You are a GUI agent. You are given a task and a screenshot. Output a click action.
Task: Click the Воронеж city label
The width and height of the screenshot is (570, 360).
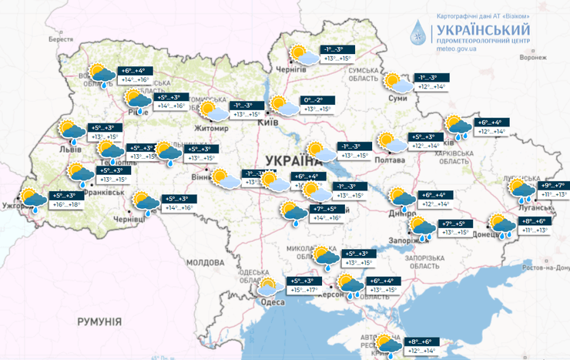click(x=532, y=57)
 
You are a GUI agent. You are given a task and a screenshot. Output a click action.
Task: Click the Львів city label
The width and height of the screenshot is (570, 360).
click(x=71, y=150)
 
